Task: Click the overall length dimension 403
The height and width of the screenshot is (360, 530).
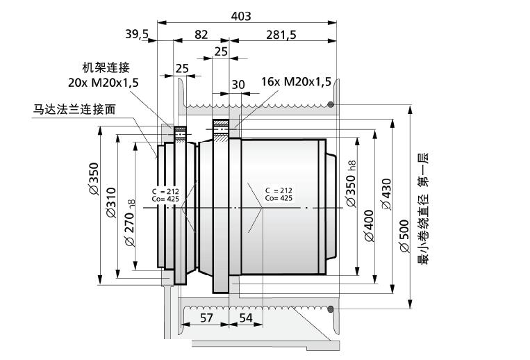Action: [x=240, y=16]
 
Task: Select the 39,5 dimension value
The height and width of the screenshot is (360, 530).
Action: [x=138, y=34]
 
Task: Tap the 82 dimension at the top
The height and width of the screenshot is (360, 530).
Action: [x=201, y=34]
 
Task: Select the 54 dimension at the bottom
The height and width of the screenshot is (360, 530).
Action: [x=246, y=318]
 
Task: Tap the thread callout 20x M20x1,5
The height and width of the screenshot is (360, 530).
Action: [x=103, y=82]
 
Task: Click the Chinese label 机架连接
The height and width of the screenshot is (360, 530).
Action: [x=106, y=67]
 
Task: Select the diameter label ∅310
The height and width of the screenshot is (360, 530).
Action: [x=110, y=204]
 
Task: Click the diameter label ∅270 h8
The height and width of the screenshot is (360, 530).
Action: [x=129, y=223]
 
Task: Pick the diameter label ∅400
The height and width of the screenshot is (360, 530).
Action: [x=369, y=226]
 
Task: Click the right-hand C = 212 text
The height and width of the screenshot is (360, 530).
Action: [x=279, y=190]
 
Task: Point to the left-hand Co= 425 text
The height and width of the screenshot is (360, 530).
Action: [x=165, y=198]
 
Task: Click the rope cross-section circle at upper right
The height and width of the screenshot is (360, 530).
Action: [x=331, y=106]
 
